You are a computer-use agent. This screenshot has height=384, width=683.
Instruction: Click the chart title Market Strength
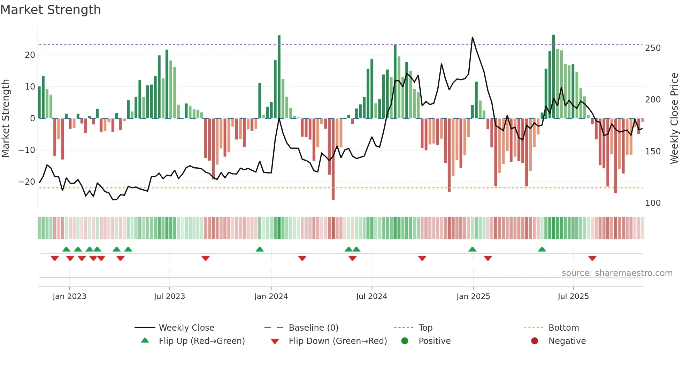[x=51, y=10]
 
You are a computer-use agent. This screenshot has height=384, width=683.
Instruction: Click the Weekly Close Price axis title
[x=674, y=118]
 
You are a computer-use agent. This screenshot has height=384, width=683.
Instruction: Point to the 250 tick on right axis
[x=653, y=48]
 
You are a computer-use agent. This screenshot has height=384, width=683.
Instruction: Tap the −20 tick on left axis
[x=27, y=182]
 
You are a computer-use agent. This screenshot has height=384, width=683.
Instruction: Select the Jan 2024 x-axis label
[x=271, y=297]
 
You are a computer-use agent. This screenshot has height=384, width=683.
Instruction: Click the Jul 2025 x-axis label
[x=573, y=297]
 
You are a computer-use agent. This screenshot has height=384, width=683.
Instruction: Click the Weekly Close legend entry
[x=186, y=328]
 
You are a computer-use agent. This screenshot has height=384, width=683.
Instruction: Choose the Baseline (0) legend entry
[x=313, y=328]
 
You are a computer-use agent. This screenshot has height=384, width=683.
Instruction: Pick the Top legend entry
[x=425, y=328]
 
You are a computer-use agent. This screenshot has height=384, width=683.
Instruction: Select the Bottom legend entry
[x=563, y=328]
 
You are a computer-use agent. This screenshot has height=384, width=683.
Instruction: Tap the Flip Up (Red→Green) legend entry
[x=202, y=341]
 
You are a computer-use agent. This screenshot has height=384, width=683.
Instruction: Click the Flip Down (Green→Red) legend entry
[x=338, y=341]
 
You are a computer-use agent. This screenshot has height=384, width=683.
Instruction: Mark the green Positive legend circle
[x=405, y=341]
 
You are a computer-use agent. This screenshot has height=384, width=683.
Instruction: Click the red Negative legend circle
[x=535, y=341]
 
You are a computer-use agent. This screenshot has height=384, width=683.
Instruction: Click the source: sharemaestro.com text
[x=617, y=273]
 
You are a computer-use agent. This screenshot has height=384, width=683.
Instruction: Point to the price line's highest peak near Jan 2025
[x=473, y=37]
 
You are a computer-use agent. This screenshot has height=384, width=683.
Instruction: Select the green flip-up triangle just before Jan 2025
[x=472, y=249]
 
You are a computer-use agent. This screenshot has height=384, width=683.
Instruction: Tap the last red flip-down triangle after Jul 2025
[x=592, y=258]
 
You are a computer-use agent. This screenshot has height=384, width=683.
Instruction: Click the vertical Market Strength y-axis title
[x=6, y=118]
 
